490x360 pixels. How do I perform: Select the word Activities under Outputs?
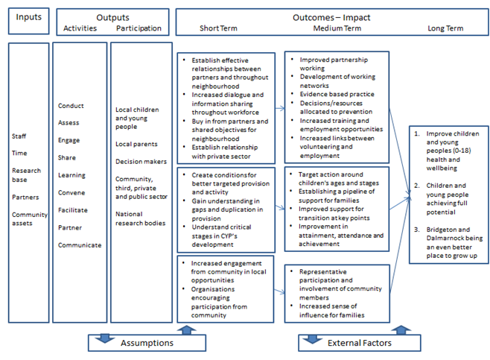coord(80,28)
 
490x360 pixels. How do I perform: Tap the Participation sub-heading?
coord(139,28)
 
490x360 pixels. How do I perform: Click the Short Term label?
coord(219,28)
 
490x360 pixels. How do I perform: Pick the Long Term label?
coord(445,28)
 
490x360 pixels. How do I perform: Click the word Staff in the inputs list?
coord(19,136)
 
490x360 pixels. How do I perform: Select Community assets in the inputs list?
coord(28,219)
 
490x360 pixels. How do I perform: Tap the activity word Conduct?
coord(71,106)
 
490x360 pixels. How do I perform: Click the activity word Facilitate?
coord(73,210)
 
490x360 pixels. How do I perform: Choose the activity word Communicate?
coord(79,244)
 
